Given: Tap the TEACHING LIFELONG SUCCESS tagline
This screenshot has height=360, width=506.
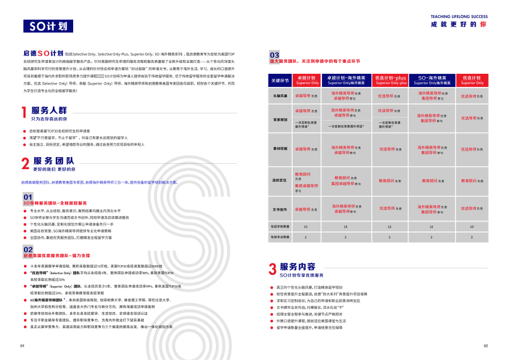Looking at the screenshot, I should tap(458, 16).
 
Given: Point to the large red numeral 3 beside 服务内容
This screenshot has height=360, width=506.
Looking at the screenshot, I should tap(272, 268).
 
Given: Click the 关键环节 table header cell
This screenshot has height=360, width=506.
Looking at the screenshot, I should tap(280, 80).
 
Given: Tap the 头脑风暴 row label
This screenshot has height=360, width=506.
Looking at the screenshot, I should tap(280, 95).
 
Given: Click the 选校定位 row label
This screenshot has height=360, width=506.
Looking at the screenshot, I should tap(280, 180).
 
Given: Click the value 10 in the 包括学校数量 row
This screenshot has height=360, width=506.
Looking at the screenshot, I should tap(472, 226).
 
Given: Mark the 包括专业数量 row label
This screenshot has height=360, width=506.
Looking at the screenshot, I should tap(280, 237).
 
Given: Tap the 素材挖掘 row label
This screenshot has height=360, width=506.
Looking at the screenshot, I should tap(280, 148).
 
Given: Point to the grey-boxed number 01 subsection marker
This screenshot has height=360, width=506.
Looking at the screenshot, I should tap(28, 196).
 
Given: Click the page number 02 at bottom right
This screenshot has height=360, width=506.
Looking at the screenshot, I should tap(486, 346).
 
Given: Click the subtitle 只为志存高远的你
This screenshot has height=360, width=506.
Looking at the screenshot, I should tap(53, 119).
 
